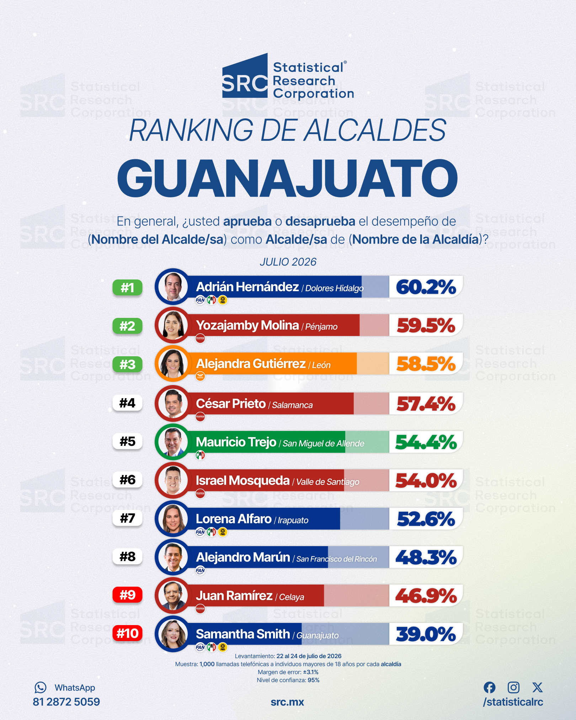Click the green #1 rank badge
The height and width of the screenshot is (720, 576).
click(127, 288)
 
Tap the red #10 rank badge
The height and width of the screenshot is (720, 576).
click(127, 633)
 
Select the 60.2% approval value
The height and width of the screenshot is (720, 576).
click(426, 287)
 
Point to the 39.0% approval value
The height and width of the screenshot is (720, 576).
click(426, 634)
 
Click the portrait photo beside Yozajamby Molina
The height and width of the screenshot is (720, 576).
click(173, 325)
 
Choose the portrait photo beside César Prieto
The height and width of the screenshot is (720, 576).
click(173, 404)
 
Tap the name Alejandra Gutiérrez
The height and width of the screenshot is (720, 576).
click(251, 364)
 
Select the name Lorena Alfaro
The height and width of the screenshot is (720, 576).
click(234, 519)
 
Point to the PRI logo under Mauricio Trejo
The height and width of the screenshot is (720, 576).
click(200, 455)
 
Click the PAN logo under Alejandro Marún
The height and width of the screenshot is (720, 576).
click(200, 570)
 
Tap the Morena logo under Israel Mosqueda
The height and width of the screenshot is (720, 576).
click(200, 494)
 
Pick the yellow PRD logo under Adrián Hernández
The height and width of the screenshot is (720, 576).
click(223, 300)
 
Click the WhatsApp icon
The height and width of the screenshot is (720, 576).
click(41, 687)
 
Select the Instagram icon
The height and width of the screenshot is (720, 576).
click(513, 687)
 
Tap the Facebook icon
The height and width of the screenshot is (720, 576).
click(490, 687)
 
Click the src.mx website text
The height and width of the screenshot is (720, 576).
click(287, 702)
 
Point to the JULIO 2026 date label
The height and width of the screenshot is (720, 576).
click(288, 262)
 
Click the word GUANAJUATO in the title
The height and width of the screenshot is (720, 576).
click(288, 178)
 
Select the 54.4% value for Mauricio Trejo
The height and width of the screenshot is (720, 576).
click(426, 442)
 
